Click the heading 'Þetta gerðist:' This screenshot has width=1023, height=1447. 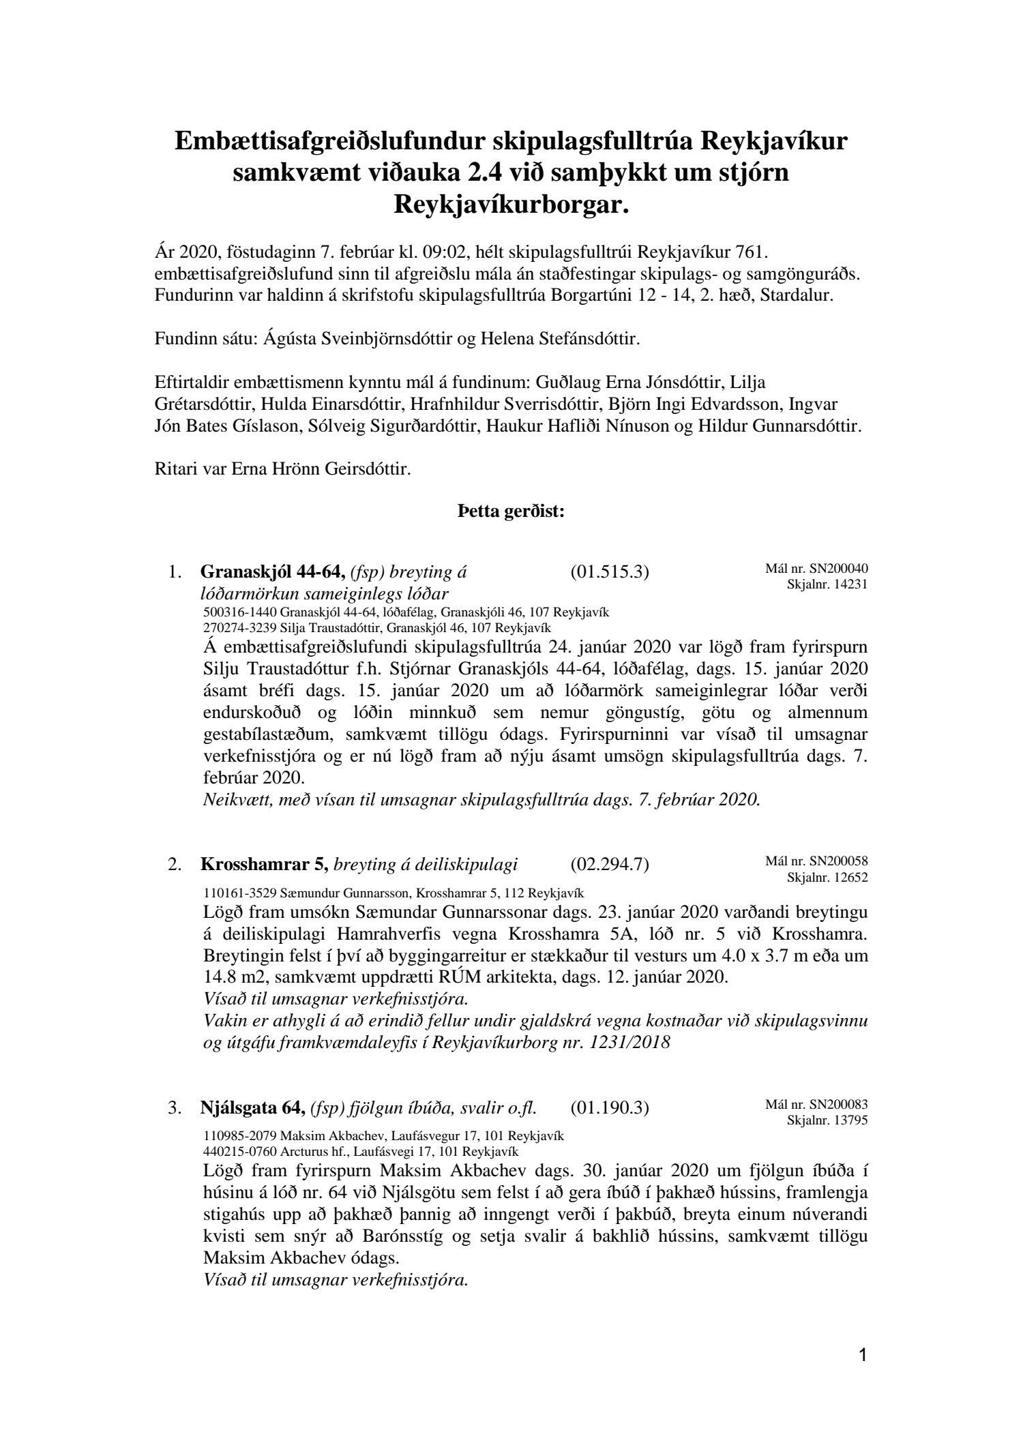coord(511,512)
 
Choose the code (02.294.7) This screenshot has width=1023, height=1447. coord(609,865)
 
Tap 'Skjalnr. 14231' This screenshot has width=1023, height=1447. coord(827,584)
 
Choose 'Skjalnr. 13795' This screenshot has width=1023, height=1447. coord(827,1119)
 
